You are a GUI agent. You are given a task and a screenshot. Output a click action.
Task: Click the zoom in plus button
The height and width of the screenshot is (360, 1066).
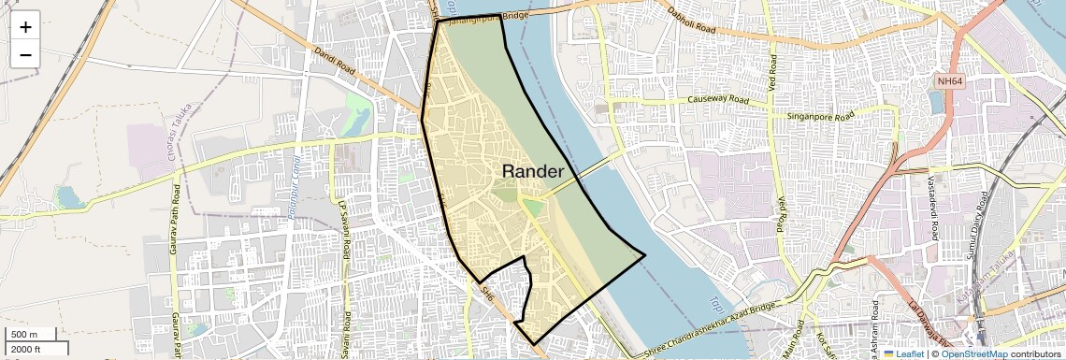25,27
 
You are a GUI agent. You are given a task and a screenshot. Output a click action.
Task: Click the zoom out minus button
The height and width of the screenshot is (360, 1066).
25,54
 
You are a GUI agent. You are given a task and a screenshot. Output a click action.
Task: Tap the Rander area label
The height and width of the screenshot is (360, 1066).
533,171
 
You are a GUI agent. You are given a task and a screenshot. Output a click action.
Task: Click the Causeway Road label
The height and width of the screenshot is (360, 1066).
718,99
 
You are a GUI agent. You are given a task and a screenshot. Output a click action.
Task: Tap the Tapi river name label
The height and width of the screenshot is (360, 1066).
716,304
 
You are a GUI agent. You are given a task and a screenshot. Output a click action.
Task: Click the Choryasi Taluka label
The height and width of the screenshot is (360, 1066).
171,140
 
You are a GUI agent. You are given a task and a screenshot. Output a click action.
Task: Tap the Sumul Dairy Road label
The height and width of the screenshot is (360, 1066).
983,224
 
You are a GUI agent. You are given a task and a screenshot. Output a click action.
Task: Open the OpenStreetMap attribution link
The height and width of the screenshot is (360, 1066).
973,354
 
